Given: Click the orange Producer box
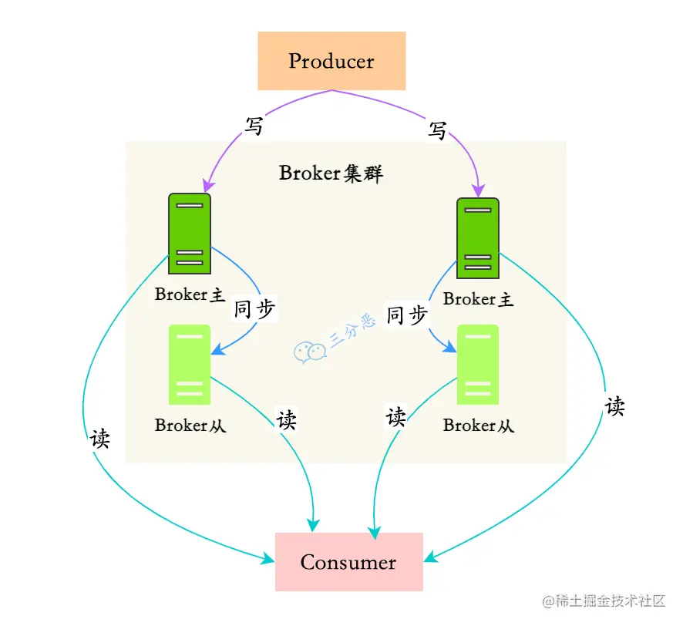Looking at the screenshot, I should coord(331,61).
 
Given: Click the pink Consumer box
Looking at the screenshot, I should coord(348,562).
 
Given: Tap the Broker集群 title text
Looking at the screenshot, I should coord(331,173).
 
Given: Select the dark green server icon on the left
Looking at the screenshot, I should coord(190,234).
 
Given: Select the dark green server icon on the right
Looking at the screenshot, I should coord(478,237).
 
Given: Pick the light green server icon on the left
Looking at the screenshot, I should coord(190,365).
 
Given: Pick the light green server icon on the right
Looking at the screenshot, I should coord(478,365).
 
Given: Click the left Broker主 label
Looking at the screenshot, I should coord(190,294).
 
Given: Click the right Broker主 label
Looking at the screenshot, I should coord(478,299).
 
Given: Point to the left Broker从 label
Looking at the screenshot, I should coord(190,425).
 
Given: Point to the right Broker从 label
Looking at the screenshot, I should coord(478,425).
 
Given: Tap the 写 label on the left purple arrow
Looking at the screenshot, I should coord(254,126).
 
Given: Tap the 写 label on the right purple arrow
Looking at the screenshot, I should coord(438,131).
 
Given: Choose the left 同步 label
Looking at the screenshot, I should coord(254,309).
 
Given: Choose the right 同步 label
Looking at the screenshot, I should coord(406,315).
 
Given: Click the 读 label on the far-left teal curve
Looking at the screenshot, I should coord(100,438).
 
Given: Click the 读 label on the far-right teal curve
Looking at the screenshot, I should coord(614,406).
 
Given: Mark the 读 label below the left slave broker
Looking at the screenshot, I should coord(287,420).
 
